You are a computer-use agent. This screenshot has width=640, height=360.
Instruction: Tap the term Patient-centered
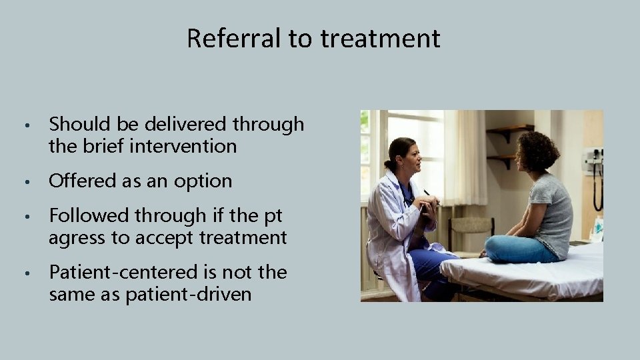click(x=123, y=272)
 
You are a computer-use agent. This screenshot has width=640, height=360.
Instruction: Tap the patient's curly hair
click(x=538, y=151)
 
